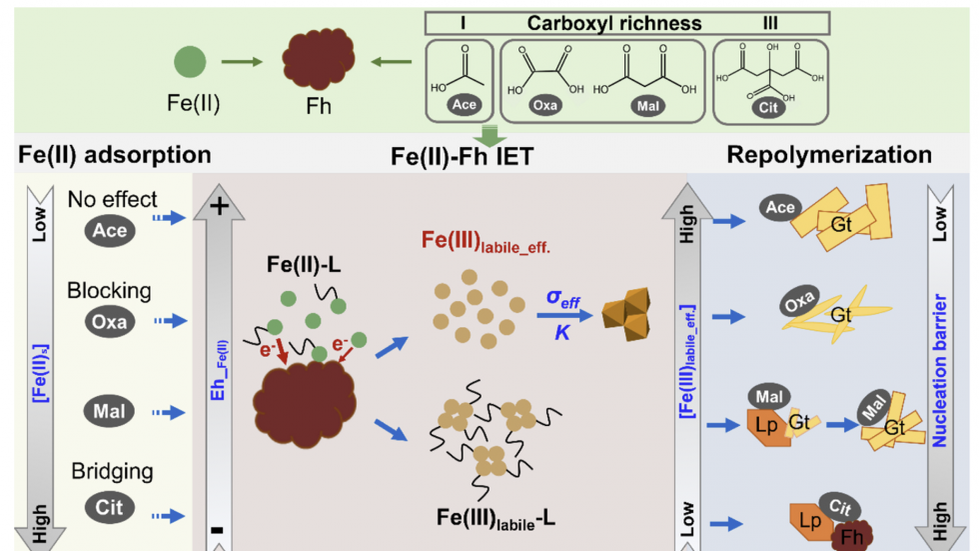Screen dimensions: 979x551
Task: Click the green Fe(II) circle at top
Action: tap(190, 61)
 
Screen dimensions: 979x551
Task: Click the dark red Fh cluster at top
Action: tap(319, 58)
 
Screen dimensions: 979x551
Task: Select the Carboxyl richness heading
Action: tap(614, 24)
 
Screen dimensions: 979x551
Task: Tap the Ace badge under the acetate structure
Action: tap(464, 104)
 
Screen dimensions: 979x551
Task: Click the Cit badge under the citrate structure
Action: tap(768, 107)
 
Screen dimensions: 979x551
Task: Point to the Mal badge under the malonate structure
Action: tap(647, 106)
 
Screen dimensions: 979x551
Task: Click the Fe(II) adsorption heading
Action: tap(114, 155)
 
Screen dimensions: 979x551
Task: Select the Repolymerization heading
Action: tap(829, 155)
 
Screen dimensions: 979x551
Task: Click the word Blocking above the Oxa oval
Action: tap(109, 290)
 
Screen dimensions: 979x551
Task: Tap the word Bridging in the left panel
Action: tap(112, 471)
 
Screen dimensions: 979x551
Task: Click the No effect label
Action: tap(112, 199)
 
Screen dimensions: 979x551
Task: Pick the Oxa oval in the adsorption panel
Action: tap(109, 321)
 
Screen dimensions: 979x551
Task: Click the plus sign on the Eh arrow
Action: tap(219, 206)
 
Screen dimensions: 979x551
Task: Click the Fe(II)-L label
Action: tap(304, 264)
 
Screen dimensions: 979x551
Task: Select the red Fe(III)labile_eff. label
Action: tap(486, 241)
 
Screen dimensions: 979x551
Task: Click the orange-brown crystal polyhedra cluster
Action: tap(626, 314)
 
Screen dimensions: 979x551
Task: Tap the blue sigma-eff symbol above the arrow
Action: tap(563, 299)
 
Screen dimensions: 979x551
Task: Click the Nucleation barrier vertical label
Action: tap(939, 370)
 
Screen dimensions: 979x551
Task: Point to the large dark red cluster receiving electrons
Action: tap(304, 404)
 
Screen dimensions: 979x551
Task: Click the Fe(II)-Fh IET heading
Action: tap(462, 156)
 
